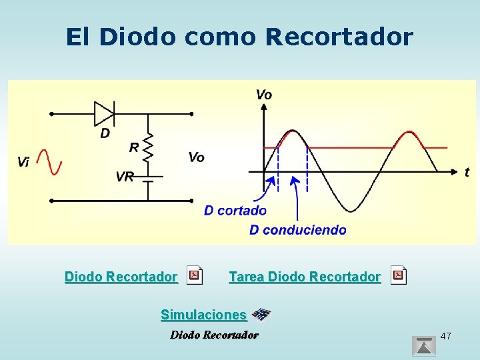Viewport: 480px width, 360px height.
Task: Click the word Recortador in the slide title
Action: (x=339, y=37)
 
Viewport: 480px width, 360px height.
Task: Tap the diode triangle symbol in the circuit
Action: (x=104, y=113)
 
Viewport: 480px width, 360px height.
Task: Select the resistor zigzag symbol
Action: (x=148, y=147)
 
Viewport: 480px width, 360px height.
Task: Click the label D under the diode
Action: (x=105, y=133)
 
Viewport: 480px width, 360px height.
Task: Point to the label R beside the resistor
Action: (x=134, y=147)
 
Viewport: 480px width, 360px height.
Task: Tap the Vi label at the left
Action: (x=24, y=162)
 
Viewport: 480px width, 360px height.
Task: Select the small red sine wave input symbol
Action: (x=49, y=162)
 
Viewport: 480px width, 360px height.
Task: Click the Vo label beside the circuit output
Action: (x=196, y=157)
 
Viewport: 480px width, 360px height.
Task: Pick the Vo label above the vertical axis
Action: (x=264, y=95)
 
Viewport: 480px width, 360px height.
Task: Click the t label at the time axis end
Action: (x=467, y=172)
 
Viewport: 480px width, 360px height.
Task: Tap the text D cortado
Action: (x=235, y=211)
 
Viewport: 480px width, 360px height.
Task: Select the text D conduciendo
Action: (x=297, y=230)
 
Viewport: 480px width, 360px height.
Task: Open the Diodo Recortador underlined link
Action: (x=121, y=276)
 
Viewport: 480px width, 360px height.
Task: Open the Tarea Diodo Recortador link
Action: (x=305, y=276)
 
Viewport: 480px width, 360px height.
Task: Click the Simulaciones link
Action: (x=203, y=314)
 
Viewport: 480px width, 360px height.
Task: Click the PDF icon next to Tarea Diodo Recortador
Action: (x=398, y=275)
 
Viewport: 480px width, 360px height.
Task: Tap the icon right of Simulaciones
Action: (x=261, y=315)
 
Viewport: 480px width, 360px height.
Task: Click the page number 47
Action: (x=446, y=336)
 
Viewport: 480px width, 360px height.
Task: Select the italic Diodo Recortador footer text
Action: (x=214, y=335)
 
